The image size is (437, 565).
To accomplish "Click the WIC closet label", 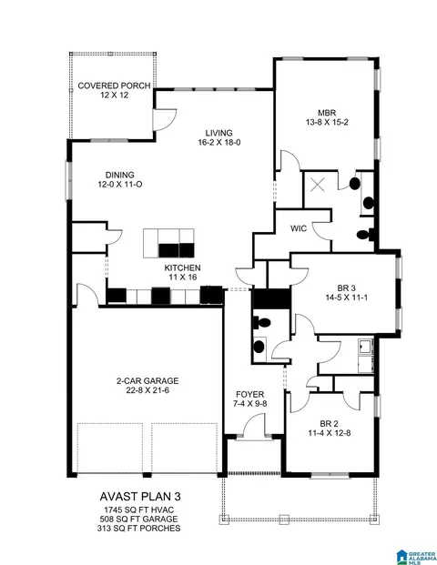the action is (x=299, y=228).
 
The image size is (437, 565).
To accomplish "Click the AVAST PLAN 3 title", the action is (x=140, y=497).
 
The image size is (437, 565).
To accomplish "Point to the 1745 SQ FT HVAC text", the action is (x=139, y=510).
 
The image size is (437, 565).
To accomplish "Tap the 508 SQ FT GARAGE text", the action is (x=138, y=520).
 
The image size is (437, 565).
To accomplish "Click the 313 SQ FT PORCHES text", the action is (x=138, y=529).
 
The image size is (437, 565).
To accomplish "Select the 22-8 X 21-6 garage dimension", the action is (x=147, y=390).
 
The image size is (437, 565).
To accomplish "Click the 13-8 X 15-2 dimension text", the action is (x=327, y=122).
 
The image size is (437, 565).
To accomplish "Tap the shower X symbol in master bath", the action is (x=318, y=186).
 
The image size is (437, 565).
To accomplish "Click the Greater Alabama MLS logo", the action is (x=416, y=557).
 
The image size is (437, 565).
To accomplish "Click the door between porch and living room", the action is (x=164, y=119).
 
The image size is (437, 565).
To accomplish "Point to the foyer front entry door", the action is (x=254, y=427).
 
